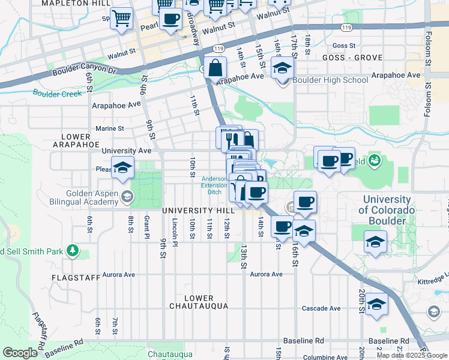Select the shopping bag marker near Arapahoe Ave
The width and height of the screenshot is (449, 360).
[x=215, y=68]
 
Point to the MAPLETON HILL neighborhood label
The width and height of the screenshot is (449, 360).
[x=76, y=3]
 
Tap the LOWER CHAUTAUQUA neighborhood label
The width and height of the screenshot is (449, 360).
[x=199, y=302]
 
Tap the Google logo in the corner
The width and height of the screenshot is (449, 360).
[x=20, y=353]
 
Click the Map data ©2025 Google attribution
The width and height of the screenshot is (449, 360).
[x=412, y=355]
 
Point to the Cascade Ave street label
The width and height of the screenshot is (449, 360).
[x=321, y=308]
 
